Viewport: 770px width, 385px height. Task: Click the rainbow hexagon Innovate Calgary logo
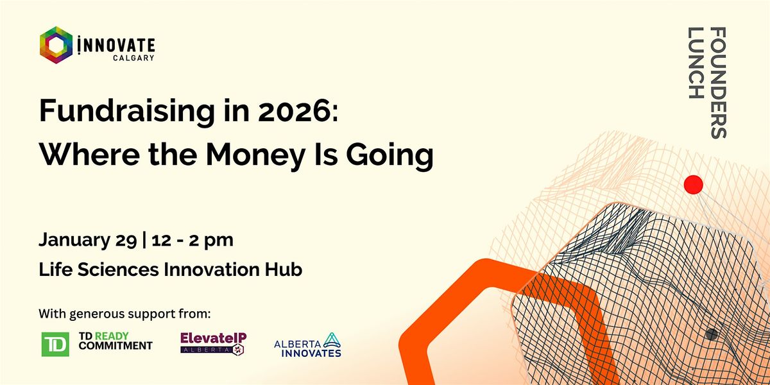[56, 45]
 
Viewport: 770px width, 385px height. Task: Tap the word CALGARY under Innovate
[133, 58]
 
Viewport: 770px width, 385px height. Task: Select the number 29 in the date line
[126, 241]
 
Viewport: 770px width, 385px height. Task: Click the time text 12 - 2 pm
[193, 241]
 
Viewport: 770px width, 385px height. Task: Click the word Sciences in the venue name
[118, 269]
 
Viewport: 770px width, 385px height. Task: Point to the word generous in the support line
[97, 314]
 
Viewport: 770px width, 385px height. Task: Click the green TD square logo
[55, 344]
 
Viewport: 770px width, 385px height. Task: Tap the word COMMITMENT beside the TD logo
[116, 346]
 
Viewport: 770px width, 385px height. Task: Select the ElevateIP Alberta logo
[214, 343]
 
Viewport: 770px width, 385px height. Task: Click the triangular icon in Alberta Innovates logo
[332, 340]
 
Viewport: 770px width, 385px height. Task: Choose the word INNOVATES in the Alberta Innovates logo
[311, 353]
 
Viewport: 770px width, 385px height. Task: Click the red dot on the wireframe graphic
[694, 185]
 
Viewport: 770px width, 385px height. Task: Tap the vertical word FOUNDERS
[718, 83]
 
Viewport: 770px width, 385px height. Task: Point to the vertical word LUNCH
[696, 63]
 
